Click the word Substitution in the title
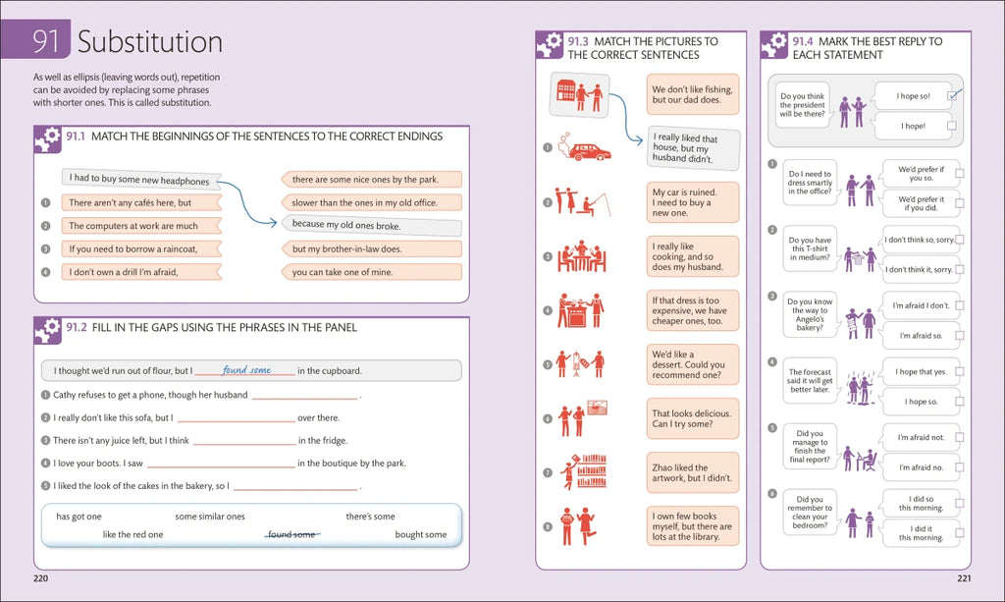[x=150, y=41]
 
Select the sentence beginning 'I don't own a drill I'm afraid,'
[x=122, y=272]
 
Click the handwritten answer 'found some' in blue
[x=246, y=370]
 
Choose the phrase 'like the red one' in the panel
[x=132, y=534]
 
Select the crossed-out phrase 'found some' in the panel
[x=292, y=534]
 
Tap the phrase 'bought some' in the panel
[x=420, y=534]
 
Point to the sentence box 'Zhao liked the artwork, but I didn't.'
[x=693, y=473]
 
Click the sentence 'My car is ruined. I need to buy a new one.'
[x=693, y=202]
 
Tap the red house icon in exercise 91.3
[x=566, y=90]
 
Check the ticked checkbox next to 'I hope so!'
[x=951, y=96]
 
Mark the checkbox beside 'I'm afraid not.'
[x=959, y=437]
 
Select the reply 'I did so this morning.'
[x=921, y=503]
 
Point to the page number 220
[x=41, y=578]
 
